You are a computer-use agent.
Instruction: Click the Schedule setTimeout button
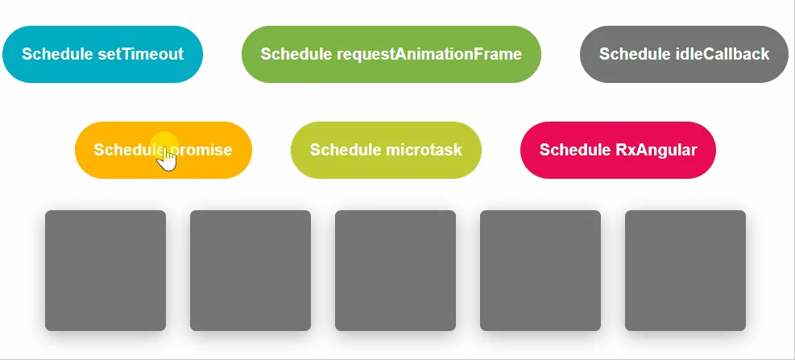102,54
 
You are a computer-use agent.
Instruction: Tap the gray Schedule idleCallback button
684,54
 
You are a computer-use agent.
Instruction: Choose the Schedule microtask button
386,150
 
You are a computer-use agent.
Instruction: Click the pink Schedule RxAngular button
618,150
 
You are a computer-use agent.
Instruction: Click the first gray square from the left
106,271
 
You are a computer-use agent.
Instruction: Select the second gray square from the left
251,271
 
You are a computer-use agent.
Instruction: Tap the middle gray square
395,271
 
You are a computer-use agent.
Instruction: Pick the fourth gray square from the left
540,271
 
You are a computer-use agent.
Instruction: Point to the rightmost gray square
685,271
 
